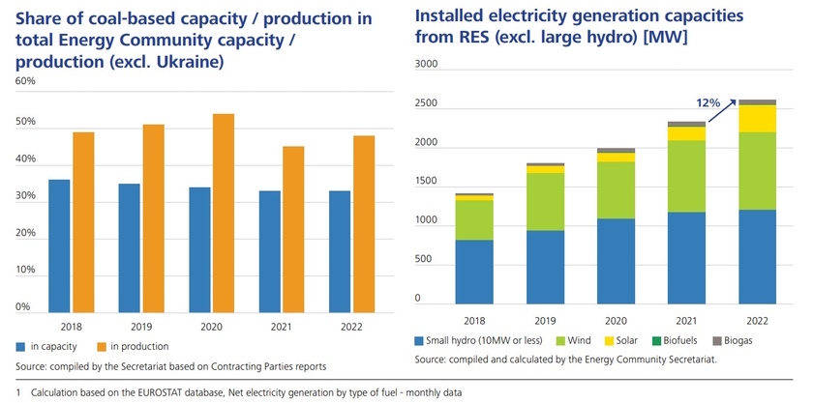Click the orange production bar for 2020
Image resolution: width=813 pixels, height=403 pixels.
223,213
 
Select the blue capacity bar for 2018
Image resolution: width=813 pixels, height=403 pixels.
59,245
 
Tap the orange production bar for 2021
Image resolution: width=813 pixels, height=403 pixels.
292,229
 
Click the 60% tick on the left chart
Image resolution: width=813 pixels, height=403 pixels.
26,81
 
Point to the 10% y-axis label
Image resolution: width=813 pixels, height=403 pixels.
26,271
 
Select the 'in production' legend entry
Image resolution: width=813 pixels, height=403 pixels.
134,346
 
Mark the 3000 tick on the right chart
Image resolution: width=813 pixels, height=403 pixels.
426,64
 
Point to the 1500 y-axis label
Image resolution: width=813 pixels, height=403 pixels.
426,182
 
